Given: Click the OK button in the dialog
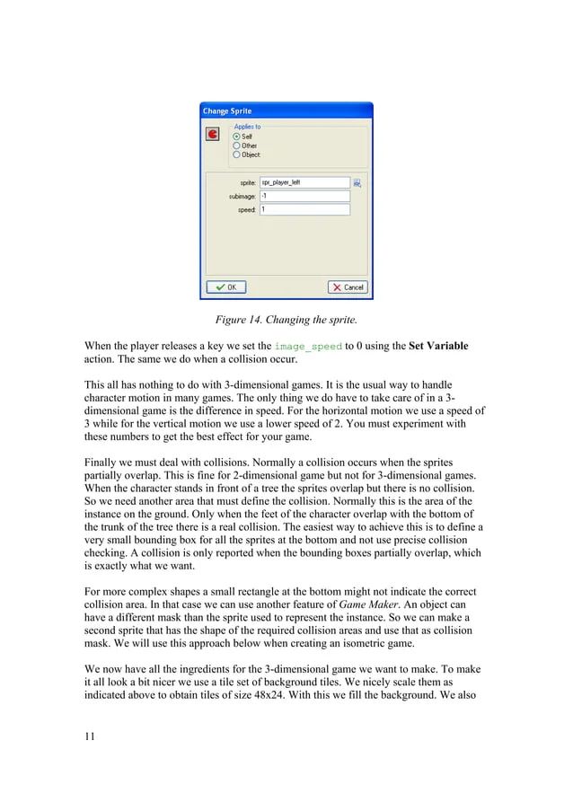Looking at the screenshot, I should [x=227, y=286].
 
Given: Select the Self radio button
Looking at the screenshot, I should [x=237, y=137].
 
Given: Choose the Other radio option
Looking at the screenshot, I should [x=237, y=145].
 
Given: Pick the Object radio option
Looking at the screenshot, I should [x=237, y=154].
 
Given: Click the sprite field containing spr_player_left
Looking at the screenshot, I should [x=304, y=182].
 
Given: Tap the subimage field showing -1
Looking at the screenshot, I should [x=304, y=196].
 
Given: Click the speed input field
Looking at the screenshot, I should [x=304, y=209].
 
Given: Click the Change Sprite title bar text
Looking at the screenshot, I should [x=228, y=111].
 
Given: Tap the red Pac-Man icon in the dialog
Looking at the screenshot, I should [x=213, y=135].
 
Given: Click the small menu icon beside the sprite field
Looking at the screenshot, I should [x=357, y=182].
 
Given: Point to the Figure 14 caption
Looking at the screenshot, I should [x=286, y=319].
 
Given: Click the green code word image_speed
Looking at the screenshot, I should [x=308, y=346].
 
